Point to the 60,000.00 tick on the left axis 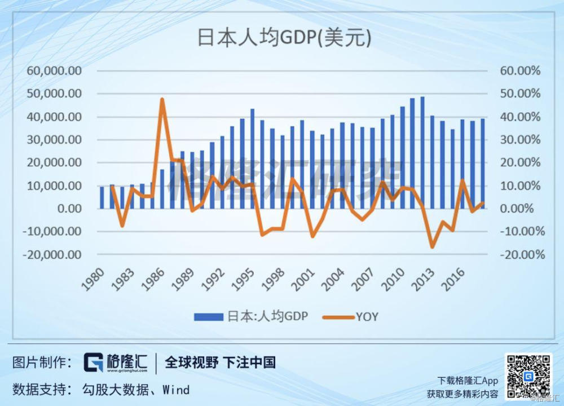54,71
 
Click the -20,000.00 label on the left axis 53,254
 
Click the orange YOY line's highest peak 162,99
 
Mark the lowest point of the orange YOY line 433,247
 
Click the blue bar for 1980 102,197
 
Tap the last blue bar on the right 483,164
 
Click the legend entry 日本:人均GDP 251,316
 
